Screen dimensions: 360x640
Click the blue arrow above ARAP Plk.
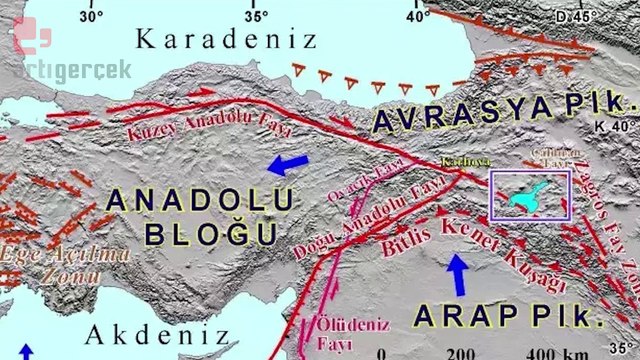[457, 273]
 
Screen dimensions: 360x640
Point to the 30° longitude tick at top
[92, 14]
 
